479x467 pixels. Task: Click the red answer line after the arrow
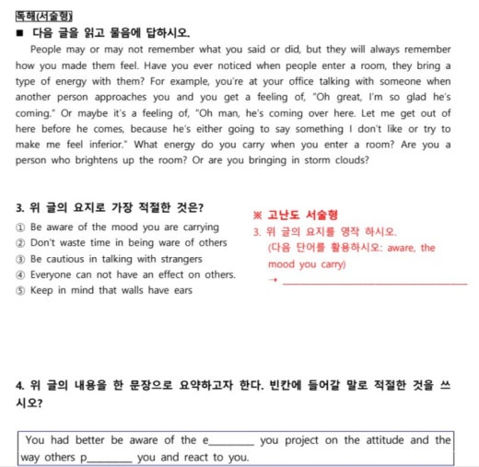(373, 282)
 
